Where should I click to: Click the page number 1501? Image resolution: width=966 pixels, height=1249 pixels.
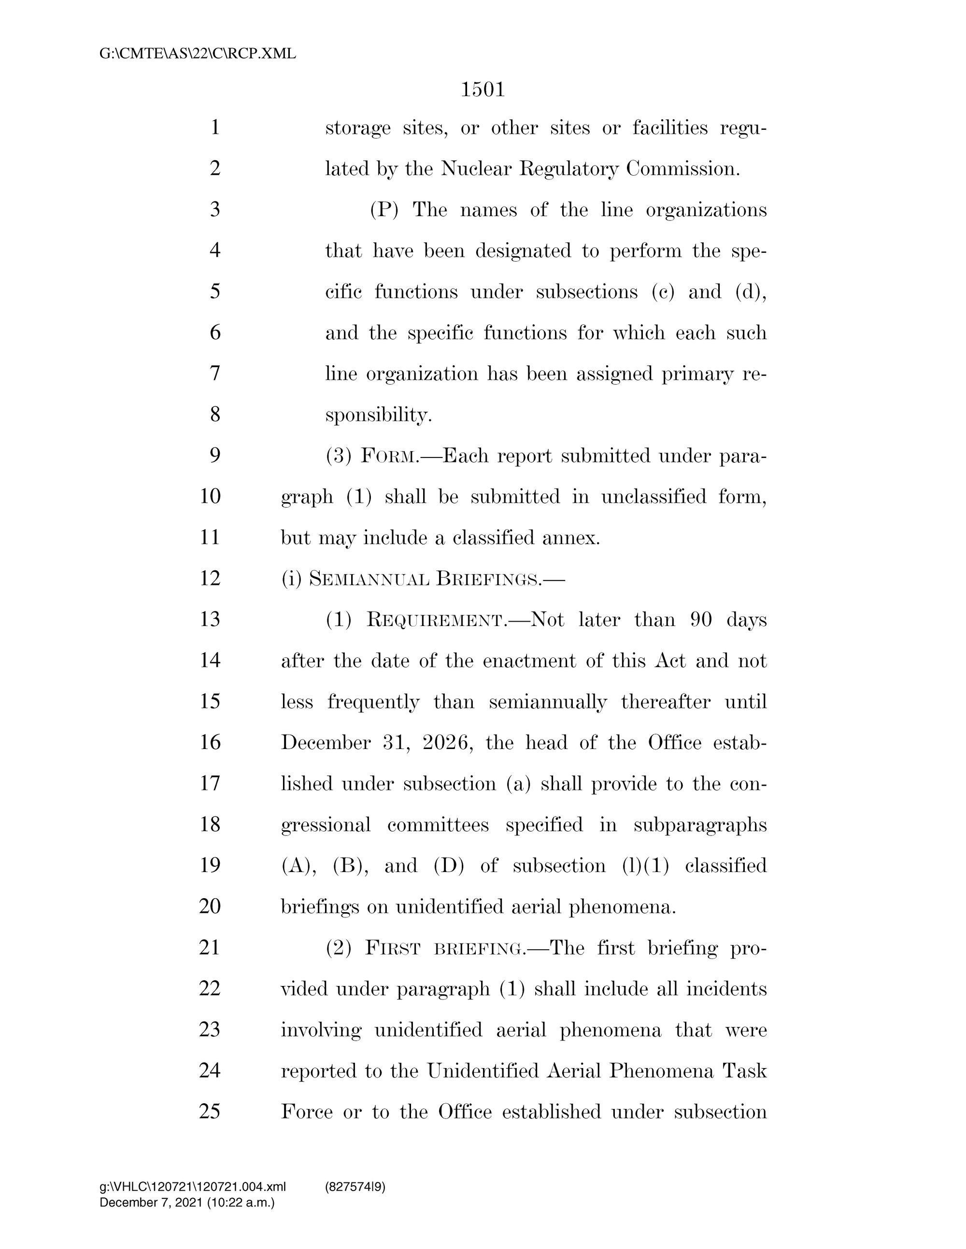pos(483,90)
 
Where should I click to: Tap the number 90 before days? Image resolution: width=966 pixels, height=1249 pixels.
pos(701,620)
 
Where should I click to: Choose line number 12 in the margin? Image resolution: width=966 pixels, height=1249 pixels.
pos(210,579)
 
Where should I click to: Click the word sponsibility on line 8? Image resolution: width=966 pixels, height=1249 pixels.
pos(378,415)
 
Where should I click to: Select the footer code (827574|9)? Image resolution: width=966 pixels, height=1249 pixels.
pos(355,1187)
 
